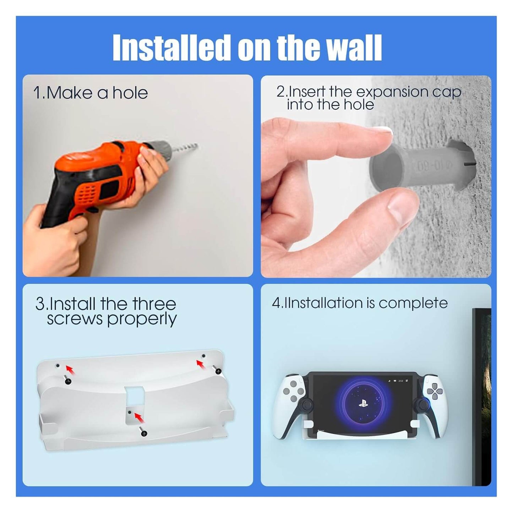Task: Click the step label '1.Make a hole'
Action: tap(90, 93)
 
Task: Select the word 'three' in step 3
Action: tap(154, 304)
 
